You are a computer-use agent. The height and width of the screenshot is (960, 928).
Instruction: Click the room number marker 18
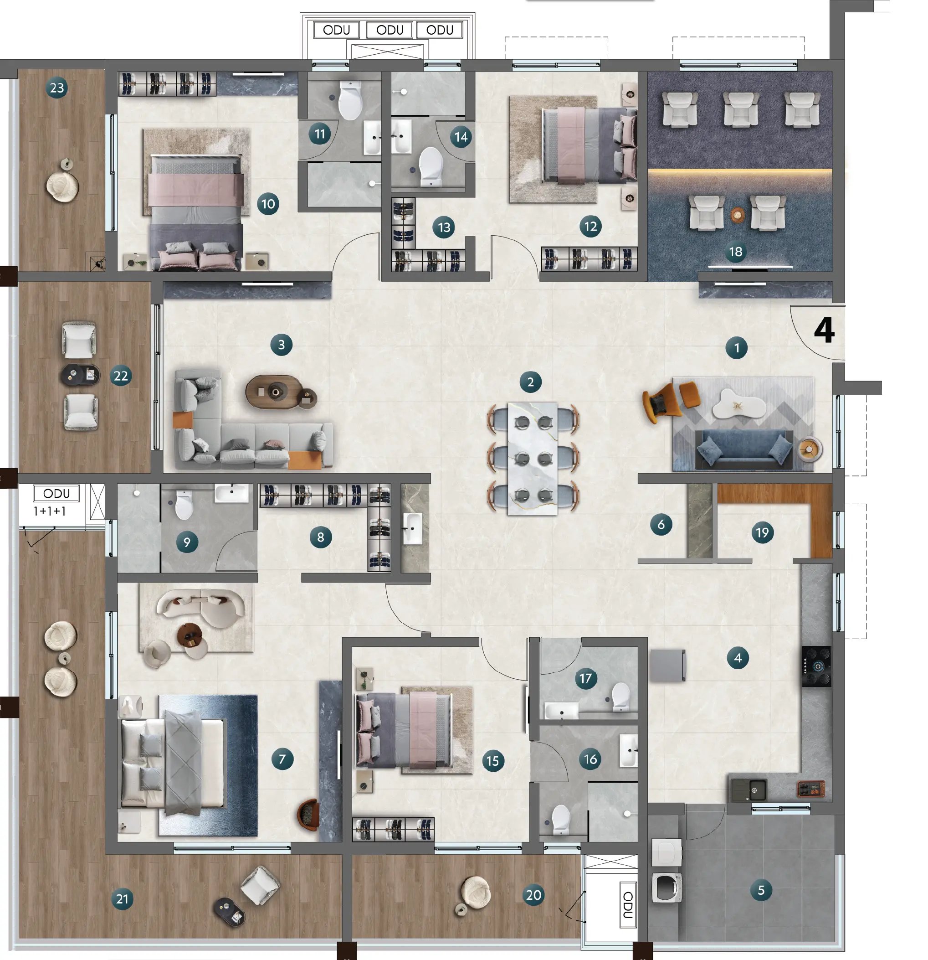pos(736,252)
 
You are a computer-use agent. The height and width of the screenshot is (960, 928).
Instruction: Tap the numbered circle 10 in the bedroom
pos(268,204)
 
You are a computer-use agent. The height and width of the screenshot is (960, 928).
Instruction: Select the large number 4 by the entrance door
pos(824,331)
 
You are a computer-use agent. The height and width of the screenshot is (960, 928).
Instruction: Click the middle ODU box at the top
pos(390,30)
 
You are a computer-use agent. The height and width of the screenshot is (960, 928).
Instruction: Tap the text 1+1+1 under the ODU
pos(50,511)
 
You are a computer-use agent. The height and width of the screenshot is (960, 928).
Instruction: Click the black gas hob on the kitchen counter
pos(816,666)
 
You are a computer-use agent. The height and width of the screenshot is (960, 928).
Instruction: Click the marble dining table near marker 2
pos(533,458)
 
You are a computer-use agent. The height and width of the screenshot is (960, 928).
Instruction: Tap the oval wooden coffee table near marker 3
pos(272,392)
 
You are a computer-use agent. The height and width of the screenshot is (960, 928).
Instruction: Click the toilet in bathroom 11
pos(350,100)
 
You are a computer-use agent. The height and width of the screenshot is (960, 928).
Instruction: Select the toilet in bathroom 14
pos(431,166)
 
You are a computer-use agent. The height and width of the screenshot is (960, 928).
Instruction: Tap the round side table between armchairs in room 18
pos(738,215)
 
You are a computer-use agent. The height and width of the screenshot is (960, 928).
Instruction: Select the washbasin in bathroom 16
pos(628,750)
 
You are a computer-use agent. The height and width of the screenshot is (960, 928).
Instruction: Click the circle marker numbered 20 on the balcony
pos(533,895)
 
